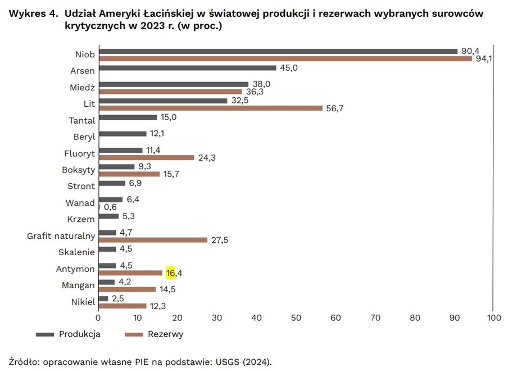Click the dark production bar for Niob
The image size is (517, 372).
tap(278, 51)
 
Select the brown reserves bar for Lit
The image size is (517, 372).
tap(210, 108)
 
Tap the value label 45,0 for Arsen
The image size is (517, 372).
tap(288, 68)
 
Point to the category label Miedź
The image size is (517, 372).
tap(84, 88)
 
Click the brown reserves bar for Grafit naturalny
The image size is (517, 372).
tap(153, 239)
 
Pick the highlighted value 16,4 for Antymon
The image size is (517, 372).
tap(174, 273)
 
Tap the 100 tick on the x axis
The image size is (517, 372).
tap(493, 317)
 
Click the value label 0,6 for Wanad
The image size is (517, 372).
tap(110, 207)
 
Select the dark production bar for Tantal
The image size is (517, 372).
tap(128, 117)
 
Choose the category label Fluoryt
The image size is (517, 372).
tap(80, 153)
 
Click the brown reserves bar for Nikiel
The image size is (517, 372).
tap(123, 305)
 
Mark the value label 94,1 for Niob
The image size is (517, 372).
tap(484, 58)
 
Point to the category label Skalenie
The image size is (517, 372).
tap(77, 252)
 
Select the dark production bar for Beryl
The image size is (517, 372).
tap(122, 134)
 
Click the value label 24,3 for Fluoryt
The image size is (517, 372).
tap(206, 158)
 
